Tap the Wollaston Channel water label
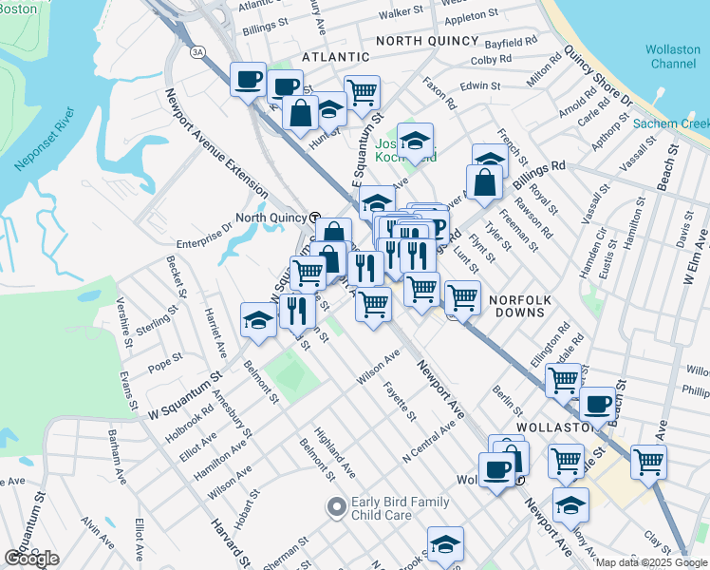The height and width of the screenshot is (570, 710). (672, 56)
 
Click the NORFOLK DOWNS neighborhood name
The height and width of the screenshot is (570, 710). (519, 299)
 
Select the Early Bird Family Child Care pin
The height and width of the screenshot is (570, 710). (335, 507)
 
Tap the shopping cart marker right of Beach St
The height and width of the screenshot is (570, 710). (649, 463)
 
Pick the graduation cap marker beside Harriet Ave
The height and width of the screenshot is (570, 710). (258, 319)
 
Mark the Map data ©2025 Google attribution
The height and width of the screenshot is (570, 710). (650, 562)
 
